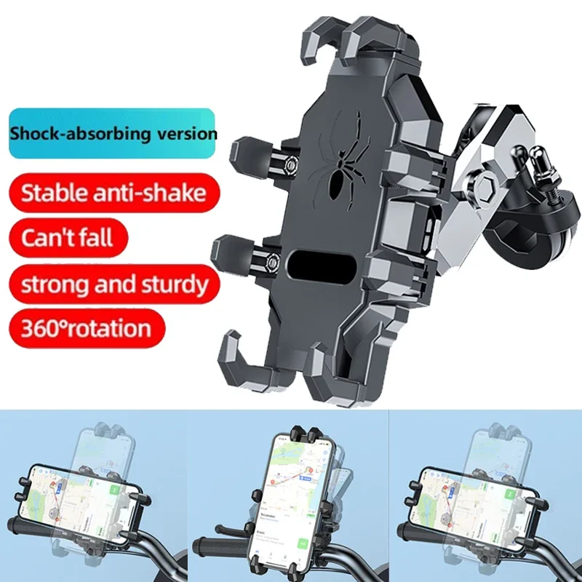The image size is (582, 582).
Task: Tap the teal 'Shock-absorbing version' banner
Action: [113, 134]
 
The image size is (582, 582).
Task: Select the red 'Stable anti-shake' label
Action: [113, 193]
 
